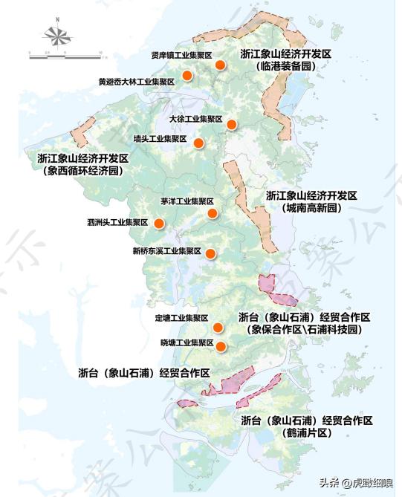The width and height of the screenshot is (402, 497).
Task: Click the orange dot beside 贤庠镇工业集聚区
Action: (220, 65)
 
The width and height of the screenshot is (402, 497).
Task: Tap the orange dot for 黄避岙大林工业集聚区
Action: (188, 75)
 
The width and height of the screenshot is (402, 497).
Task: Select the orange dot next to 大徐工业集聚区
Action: (232, 124)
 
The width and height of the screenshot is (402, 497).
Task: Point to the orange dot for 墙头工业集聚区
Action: (198, 143)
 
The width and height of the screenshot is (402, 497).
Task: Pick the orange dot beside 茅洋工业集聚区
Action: (213, 214)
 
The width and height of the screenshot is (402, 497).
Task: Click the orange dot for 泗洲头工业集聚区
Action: (158, 222)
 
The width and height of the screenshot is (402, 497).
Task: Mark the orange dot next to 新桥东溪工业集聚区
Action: (210, 254)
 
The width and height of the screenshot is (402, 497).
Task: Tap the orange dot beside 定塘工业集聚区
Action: (218, 328)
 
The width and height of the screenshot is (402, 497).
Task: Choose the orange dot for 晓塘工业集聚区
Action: (221, 345)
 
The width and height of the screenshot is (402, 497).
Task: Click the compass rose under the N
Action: (57, 35)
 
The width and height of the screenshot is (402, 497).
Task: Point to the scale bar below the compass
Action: (64, 53)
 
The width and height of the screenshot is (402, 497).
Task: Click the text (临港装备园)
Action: (285, 66)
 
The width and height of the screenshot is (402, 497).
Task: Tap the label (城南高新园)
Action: (311, 208)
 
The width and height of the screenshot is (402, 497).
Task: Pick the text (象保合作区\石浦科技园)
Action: (305, 329)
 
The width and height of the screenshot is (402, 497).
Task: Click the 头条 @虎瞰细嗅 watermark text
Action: (356, 481)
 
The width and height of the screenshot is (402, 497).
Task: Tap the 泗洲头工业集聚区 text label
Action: (117, 222)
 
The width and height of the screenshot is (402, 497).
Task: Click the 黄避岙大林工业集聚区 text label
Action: (136, 82)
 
